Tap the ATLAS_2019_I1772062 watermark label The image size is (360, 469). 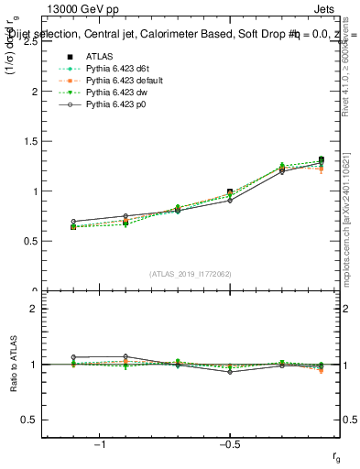pyautogui.click(x=191, y=274)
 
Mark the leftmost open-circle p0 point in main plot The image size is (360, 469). pyautogui.click(x=73, y=222)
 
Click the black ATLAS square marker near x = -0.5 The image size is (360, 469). pyautogui.click(x=230, y=192)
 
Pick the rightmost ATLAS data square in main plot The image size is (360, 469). pyautogui.click(x=321, y=160)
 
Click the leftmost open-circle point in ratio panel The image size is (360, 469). pyautogui.click(x=73, y=357)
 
